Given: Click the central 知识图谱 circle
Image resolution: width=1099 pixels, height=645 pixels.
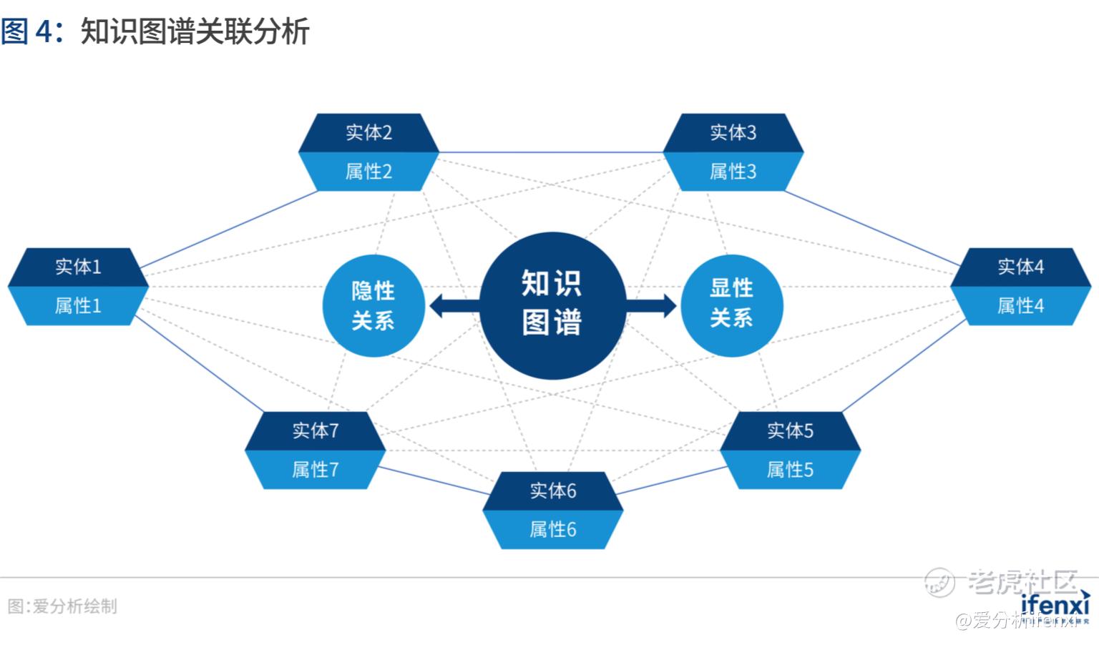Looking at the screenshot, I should point(552,305).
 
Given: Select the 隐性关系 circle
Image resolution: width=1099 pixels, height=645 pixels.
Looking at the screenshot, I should point(373,305).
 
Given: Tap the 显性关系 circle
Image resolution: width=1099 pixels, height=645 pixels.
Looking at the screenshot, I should point(731,305).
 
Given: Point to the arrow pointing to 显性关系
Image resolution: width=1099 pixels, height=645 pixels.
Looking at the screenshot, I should point(651,305).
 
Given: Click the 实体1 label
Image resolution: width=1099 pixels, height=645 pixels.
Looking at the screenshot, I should point(78,267).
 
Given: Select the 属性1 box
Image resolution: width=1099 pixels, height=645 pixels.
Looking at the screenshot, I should point(78,306).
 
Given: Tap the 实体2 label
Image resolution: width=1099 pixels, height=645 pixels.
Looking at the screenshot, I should point(368,132).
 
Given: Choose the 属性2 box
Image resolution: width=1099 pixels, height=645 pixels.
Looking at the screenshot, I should point(368,172).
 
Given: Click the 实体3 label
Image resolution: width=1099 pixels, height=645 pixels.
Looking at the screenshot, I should point(733,132).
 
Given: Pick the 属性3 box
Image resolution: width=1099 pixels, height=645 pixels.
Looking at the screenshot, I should point(733,172).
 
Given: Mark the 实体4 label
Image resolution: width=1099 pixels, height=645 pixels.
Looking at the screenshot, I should point(1020,267).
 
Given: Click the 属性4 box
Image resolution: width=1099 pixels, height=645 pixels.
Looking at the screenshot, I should point(1020,306).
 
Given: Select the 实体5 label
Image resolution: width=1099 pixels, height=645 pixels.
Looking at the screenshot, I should point(790,430).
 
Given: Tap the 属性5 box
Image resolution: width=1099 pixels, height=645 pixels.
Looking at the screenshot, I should point(790,470).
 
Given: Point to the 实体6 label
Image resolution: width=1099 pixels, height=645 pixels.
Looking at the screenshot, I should point(552,491).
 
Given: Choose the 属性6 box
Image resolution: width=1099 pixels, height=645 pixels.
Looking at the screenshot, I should point(552,530).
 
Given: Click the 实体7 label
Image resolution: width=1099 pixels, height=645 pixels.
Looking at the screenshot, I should point(315,430).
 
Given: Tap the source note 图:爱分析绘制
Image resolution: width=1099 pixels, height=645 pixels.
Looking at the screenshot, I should point(62,606).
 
